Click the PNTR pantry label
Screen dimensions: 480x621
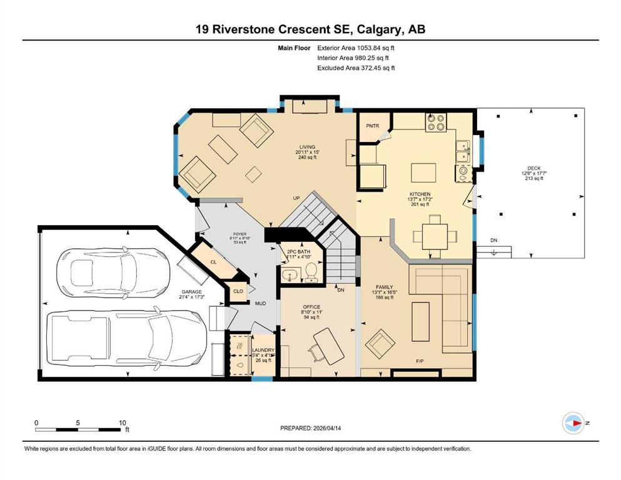pyautogui.click(x=374, y=125)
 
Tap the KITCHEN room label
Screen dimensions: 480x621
pyautogui.click(x=420, y=194)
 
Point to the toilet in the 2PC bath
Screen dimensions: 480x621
pyautogui.click(x=310, y=271)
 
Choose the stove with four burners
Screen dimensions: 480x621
pyautogui.click(x=435, y=122)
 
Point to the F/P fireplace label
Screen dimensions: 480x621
pyautogui.click(x=420, y=362)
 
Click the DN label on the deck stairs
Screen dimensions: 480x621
pyautogui.click(x=493, y=240)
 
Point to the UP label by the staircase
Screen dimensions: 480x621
pyautogui.click(x=297, y=198)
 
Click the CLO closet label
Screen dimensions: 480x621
pyautogui.click(x=238, y=291)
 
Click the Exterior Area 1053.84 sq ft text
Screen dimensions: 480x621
pyautogui.click(x=356, y=47)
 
